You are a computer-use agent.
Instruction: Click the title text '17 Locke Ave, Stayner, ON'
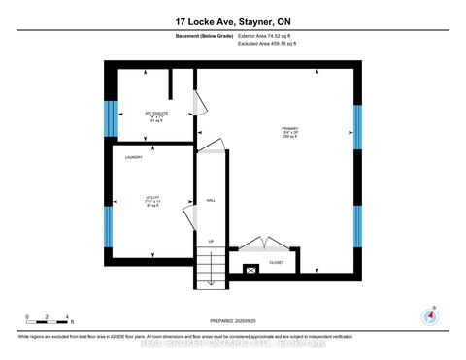233,21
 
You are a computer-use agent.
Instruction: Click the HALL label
210,201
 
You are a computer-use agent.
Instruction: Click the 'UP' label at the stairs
210,241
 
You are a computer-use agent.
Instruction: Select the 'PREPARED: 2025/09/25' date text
233,321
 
